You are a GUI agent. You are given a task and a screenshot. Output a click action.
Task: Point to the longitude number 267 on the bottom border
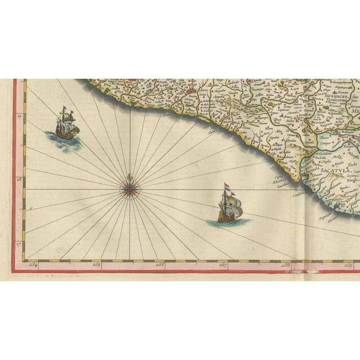click(x=223, y=263)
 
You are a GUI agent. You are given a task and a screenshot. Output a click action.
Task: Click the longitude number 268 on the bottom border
click(x=286, y=263)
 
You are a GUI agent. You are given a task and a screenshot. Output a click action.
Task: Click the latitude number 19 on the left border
click(x=20, y=117)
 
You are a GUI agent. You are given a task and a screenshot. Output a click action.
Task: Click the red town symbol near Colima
click(x=193, y=88)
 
